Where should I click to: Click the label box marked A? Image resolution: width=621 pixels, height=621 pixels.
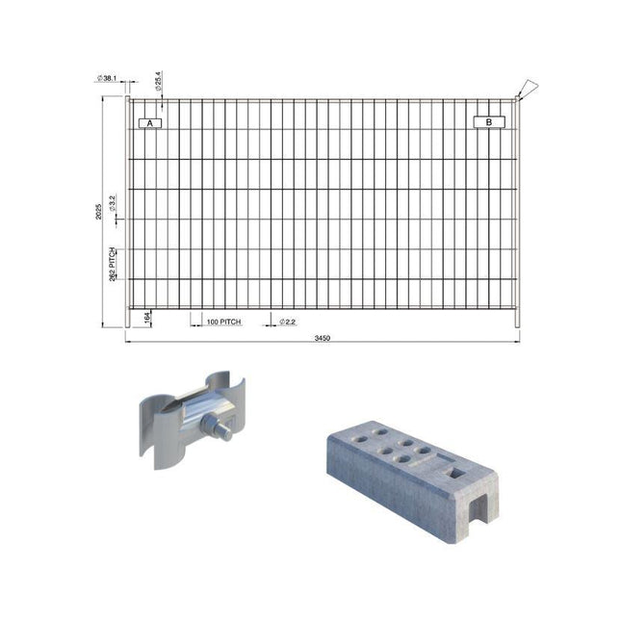[151, 123]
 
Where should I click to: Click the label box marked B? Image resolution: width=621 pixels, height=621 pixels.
[489, 122]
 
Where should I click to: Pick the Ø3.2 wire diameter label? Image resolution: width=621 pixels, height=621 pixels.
[114, 202]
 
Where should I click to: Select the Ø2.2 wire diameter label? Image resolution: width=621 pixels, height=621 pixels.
[288, 322]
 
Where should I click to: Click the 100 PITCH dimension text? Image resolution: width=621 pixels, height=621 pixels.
[223, 322]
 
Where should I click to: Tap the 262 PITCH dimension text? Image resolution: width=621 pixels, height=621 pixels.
[114, 265]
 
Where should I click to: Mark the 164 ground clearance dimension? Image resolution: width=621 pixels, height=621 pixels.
[147, 318]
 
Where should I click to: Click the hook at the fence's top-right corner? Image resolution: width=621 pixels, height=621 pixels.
[527, 90]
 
